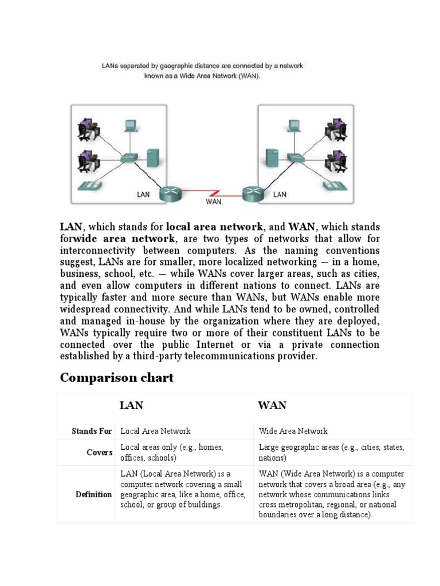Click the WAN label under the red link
coord(213,201)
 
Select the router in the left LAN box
coord(170,193)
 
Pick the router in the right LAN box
coord(252,193)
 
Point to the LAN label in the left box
coord(143,195)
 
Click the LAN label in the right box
coord(280,195)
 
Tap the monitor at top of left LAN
coord(131,125)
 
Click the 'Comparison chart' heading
coord(116,378)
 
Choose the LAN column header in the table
coord(131,406)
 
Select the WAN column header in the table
coord(272,406)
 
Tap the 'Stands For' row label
coord(92,431)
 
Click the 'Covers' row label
coord(100,453)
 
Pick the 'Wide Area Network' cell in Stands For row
coord(293,431)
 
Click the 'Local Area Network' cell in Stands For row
coord(155,431)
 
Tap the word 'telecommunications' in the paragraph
coord(248,356)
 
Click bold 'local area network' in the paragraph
coord(214,227)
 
